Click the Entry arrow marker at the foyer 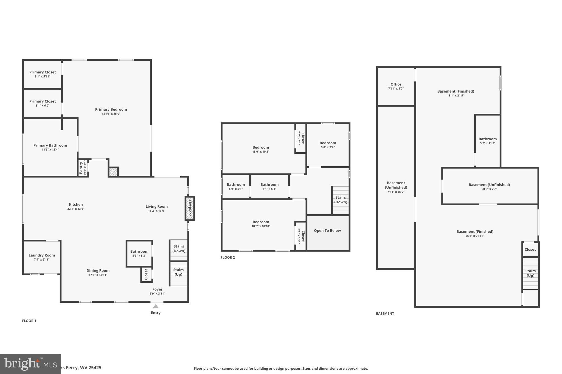[156, 306]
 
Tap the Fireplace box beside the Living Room [190, 208]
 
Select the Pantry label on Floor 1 [81, 168]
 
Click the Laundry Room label [42, 255]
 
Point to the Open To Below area [327, 231]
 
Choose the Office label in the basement [396, 84]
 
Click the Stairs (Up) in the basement [530, 273]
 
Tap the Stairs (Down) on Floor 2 [341, 200]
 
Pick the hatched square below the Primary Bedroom [113, 172]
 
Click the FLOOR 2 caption [228, 258]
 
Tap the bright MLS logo [30, 364]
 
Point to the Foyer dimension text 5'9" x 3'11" [157, 294]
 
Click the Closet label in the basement [530, 250]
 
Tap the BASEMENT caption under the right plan [385, 313]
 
